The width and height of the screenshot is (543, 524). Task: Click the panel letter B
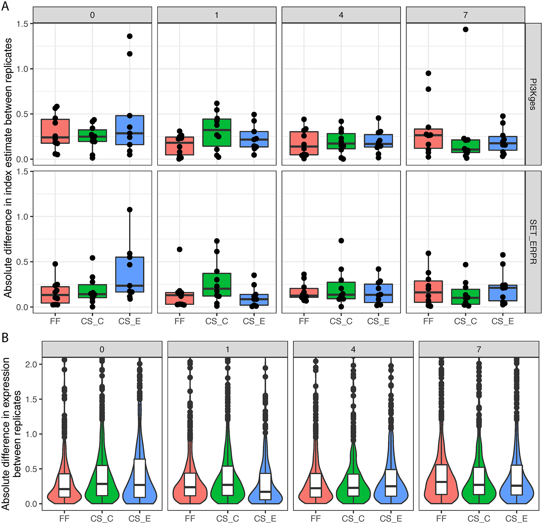[x=5, y=338]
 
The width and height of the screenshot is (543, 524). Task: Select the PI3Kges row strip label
[x=533, y=94]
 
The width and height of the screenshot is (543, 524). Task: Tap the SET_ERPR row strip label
[x=533, y=242]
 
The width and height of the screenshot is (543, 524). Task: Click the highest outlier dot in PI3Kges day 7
[x=465, y=29]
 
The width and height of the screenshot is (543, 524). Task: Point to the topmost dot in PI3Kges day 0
[x=130, y=36]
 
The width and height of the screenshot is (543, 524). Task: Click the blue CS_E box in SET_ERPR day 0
[x=130, y=274]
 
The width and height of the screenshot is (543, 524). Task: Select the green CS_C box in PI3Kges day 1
[x=217, y=133]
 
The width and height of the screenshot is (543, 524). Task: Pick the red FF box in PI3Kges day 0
[x=55, y=131]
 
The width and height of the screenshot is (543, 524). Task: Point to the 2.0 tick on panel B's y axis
[x=31, y=365]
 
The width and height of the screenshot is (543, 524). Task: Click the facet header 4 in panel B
[x=353, y=349]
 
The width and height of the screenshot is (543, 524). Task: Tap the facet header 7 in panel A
[x=465, y=15]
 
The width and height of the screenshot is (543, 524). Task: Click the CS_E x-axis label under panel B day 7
[x=516, y=519]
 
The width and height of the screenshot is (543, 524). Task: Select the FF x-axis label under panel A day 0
[x=55, y=321]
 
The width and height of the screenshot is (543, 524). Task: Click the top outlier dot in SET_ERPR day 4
[x=341, y=240]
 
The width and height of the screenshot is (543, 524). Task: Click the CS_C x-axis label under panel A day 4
[x=341, y=321]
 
